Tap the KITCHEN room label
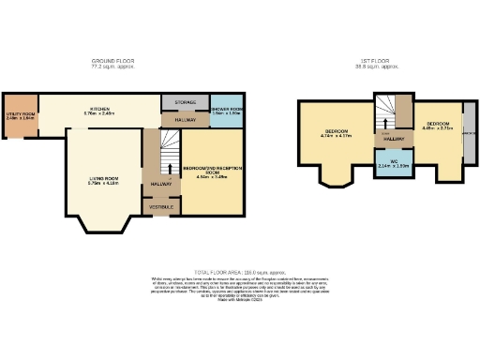tap(100, 109)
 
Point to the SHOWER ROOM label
tap(225, 108)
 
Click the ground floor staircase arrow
tap(169, 168)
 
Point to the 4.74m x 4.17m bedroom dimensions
tap(335, 136)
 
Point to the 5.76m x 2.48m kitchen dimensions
tap(100, 114)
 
